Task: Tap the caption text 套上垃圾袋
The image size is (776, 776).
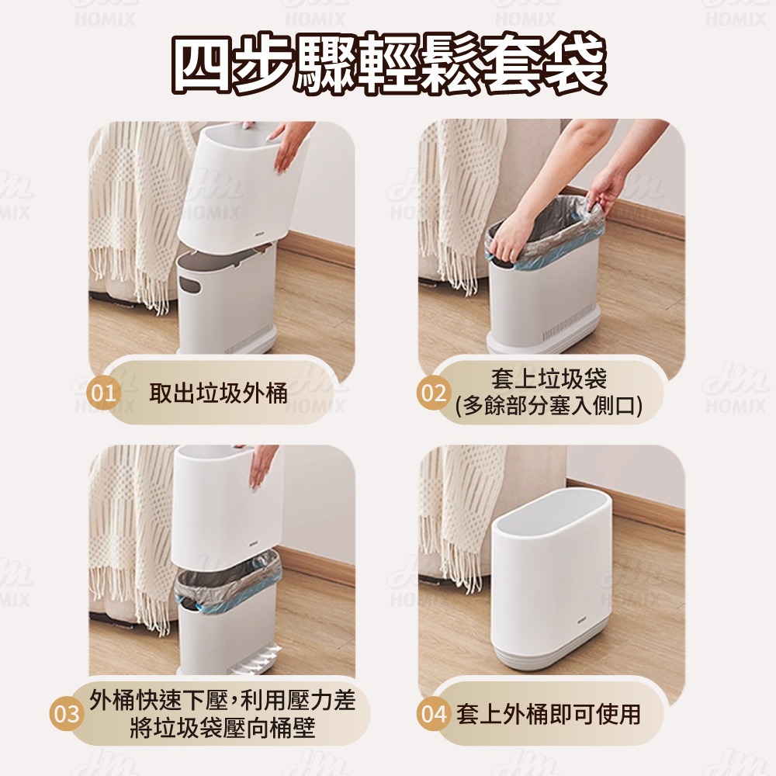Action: pos(549,379)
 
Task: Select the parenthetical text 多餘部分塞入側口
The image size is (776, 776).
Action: pos(549,407)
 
